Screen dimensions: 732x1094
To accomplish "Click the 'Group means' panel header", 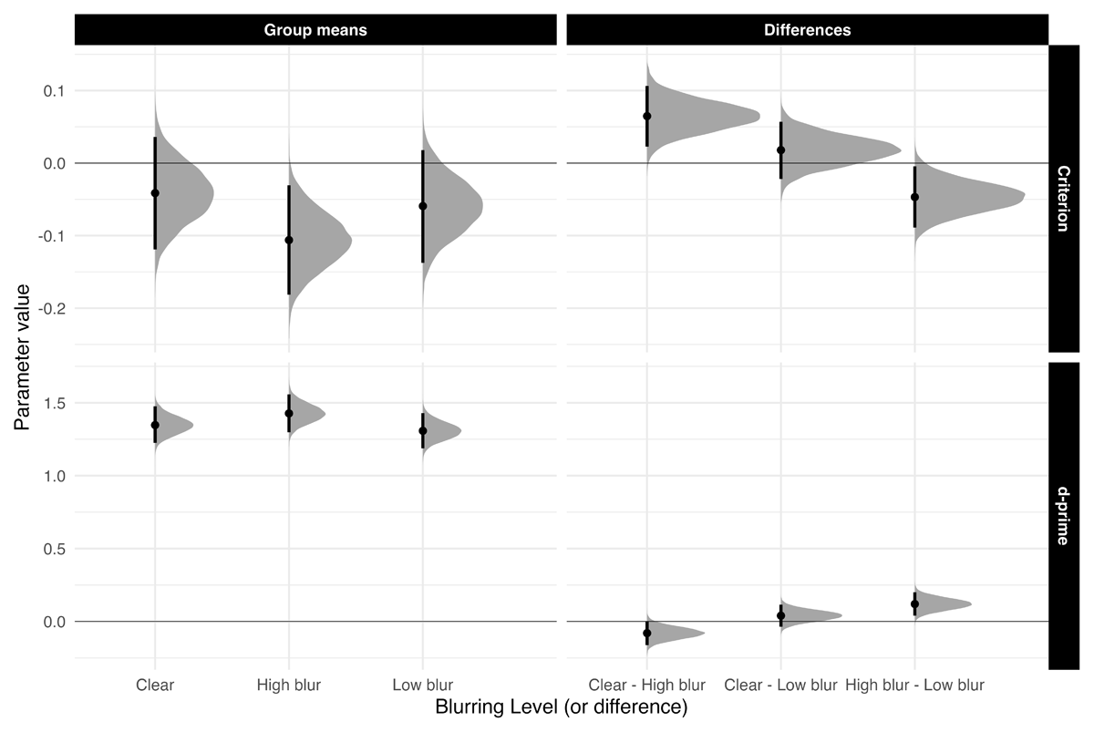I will pyautogui.click(x=315, y=30).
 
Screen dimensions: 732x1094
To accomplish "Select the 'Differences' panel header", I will pyautogui.click(x=807, y=30).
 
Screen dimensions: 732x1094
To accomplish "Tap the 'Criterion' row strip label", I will pyautogui.click(x=1063, y=198).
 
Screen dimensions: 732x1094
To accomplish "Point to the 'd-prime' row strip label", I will pyautogui.click(x=1063, y=516).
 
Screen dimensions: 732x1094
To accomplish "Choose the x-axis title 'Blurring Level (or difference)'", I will pyautogui.click(x=561, y=707).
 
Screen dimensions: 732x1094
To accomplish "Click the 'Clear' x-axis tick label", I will pyautogui.click(x=155, y=685).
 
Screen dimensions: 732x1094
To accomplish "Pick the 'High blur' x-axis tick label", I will pyautogui.click(x=289, y=685).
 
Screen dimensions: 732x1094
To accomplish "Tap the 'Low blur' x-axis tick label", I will pyautogui.click(x=422, y=685).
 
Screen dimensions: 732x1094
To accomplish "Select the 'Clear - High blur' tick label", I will pyautogui.click(x=647, y=685).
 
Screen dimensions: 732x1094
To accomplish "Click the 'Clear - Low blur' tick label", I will pyautogui.click(x=780, y=685).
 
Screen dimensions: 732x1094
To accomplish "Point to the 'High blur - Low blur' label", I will pyautogui.click(x=914, y=685).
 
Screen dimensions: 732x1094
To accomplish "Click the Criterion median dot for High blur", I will pyautogui.click(x=289, y=240).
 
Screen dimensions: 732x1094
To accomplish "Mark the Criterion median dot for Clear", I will pyautogui.click(x=155, y=193).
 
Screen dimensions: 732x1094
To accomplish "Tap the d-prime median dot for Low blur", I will pyautogui.click(x=423, y=430).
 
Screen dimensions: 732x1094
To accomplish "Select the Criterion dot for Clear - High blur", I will pyautogui.click(x=647, y=116).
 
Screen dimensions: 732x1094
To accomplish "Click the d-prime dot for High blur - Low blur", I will pyautogui.click(x=914, y=603).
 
